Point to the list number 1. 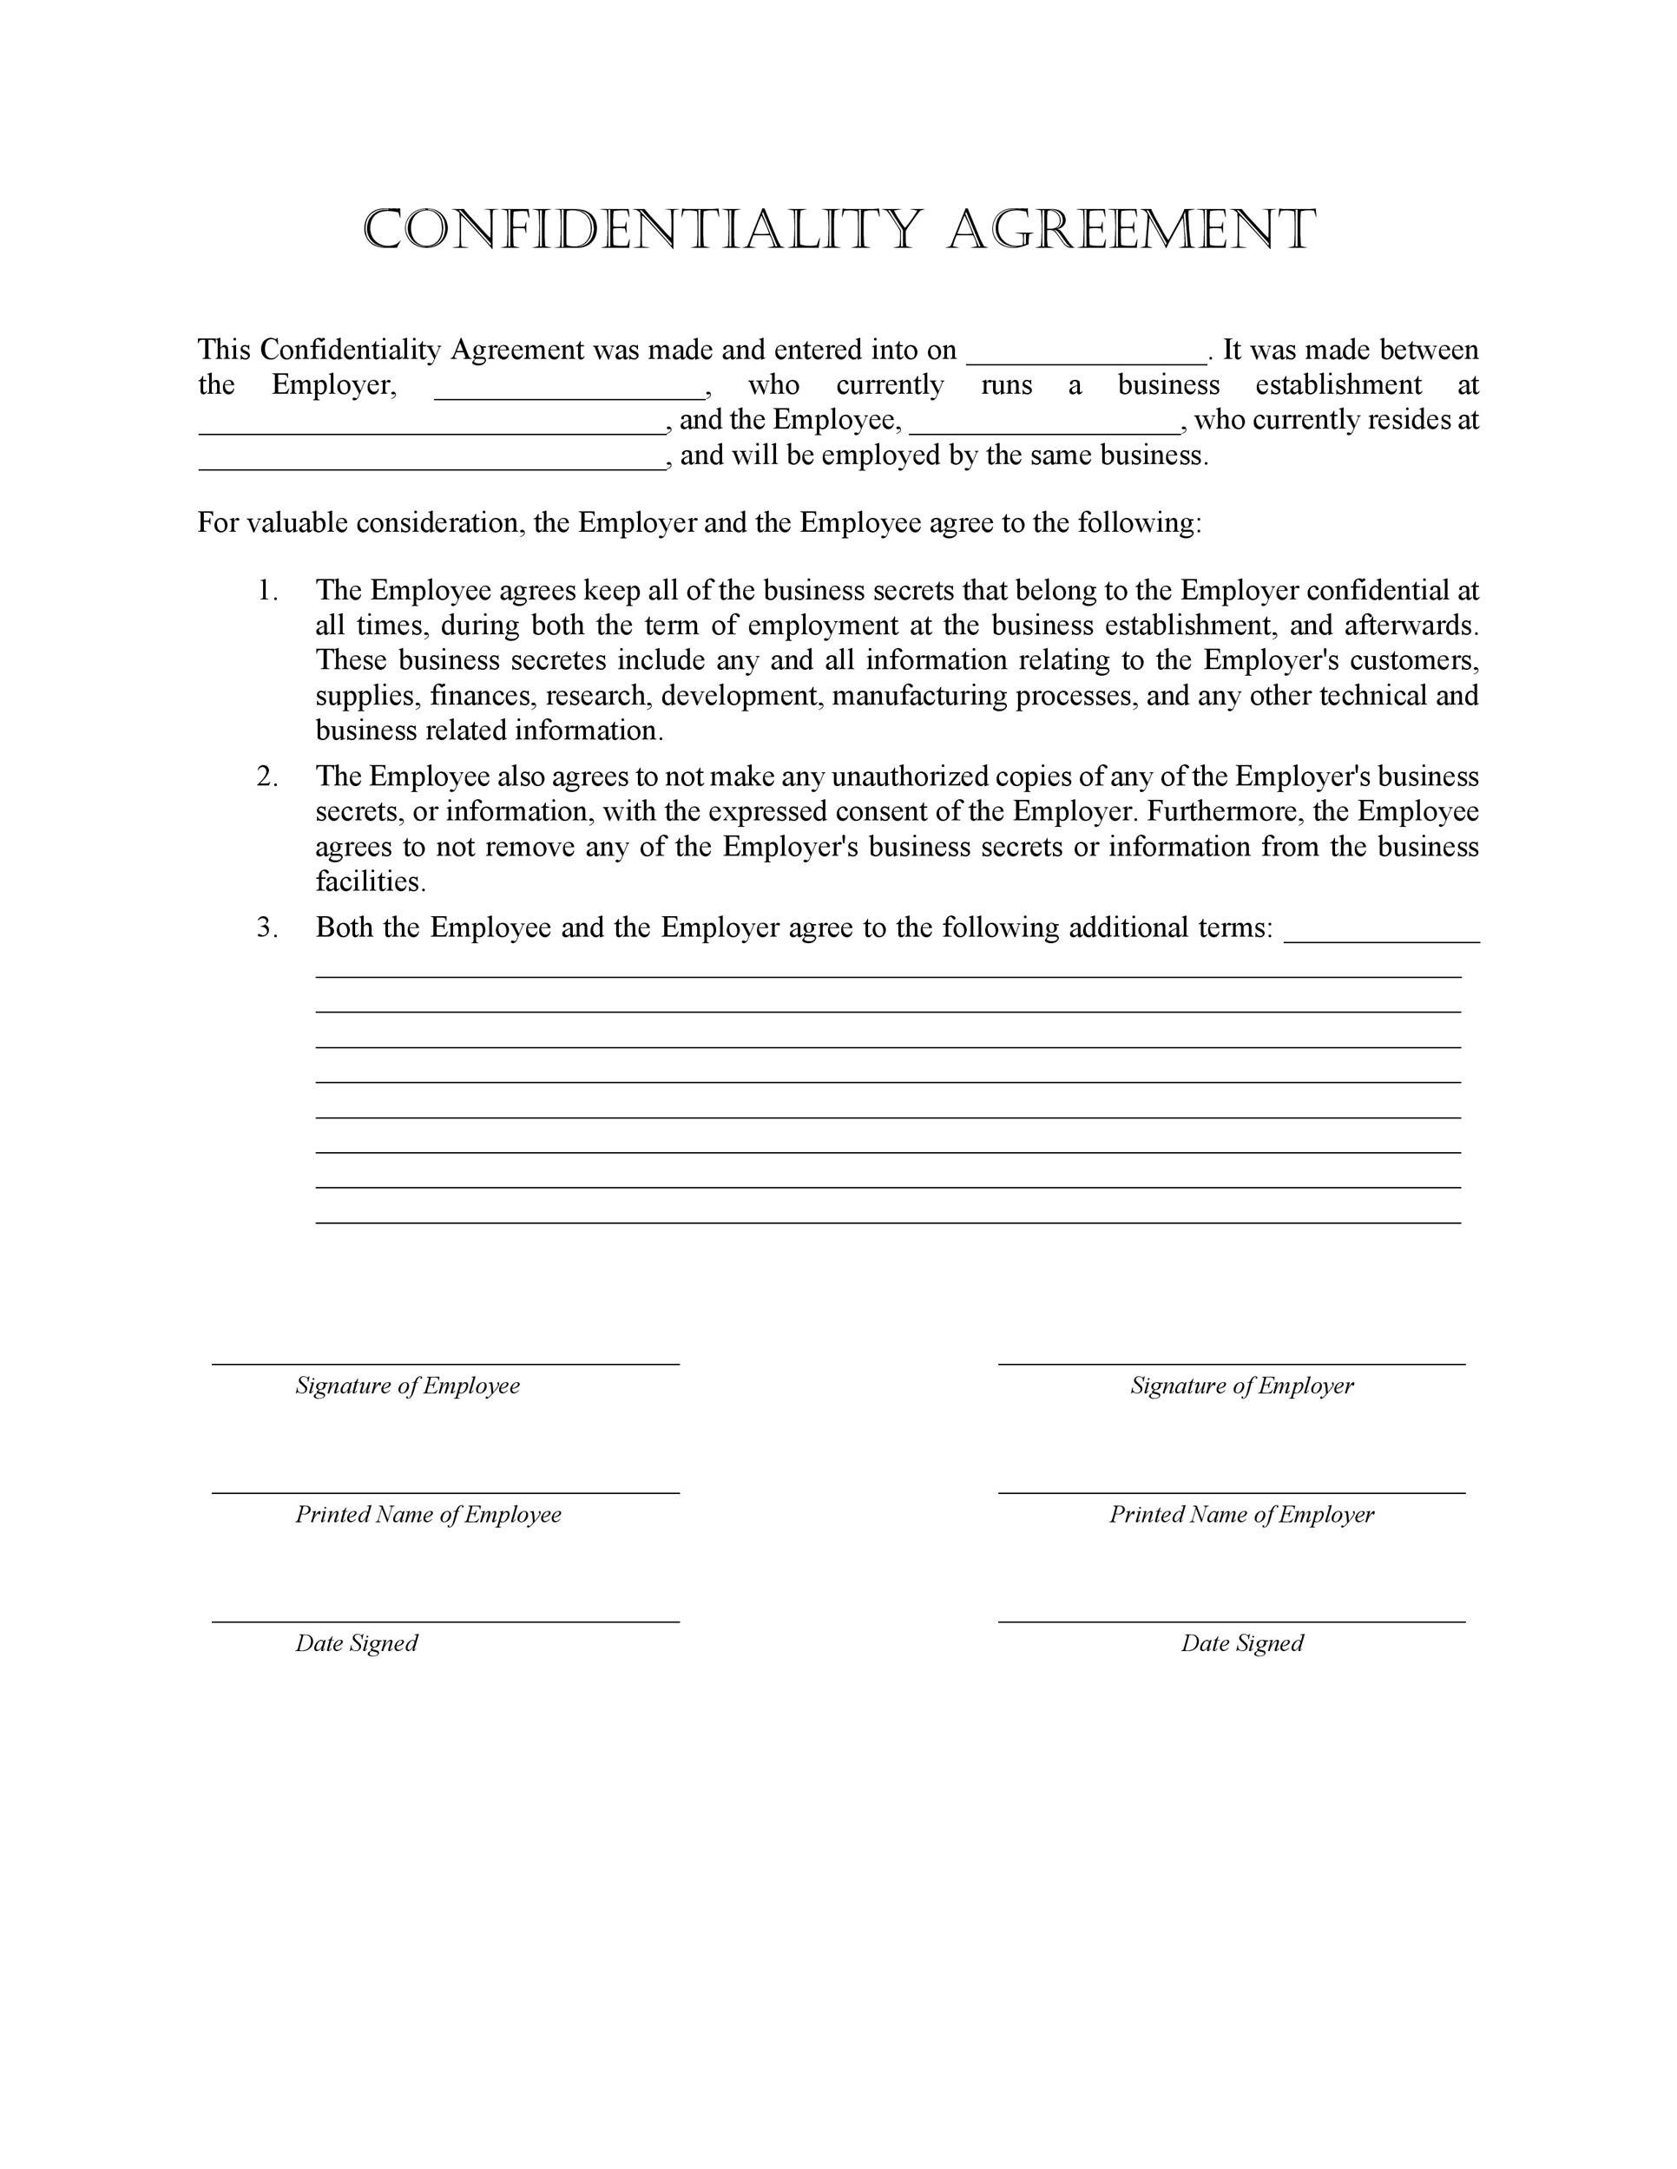point(267,591)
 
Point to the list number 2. point(267,776)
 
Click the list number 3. point(267,927)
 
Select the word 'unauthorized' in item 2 point(910,776)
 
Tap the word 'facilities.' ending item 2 point(371,881)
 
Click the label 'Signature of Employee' point(407,1386)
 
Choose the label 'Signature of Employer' point(1241,1386)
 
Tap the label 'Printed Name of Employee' point(427,1514)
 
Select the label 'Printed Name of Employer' point(1241,1514)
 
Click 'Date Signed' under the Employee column point(356,1642)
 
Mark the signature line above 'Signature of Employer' point(1231,1364)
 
